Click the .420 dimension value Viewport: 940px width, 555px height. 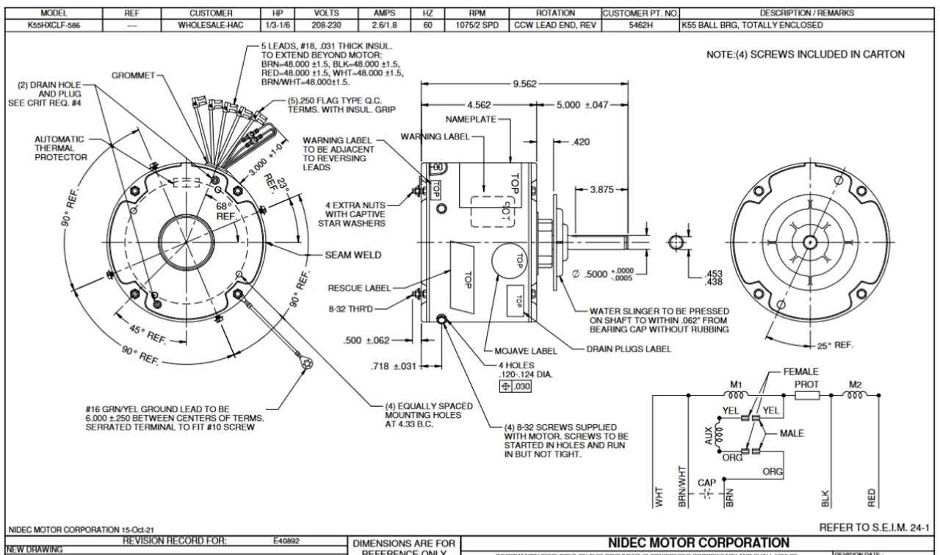[x=581, y=142]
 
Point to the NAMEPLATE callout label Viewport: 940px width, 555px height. [x=471, y=118]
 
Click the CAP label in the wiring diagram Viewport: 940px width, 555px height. [x=706, y=482]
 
